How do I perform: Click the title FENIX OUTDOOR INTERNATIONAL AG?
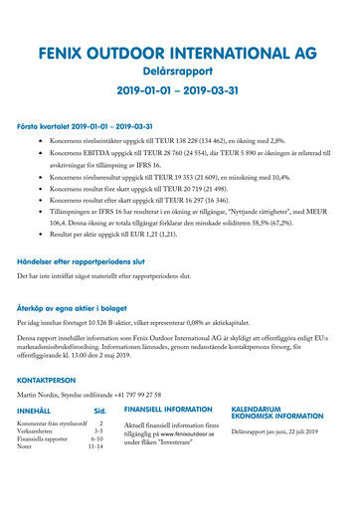[x=179, y=53]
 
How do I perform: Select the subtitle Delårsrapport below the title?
[x=179, y=72]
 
